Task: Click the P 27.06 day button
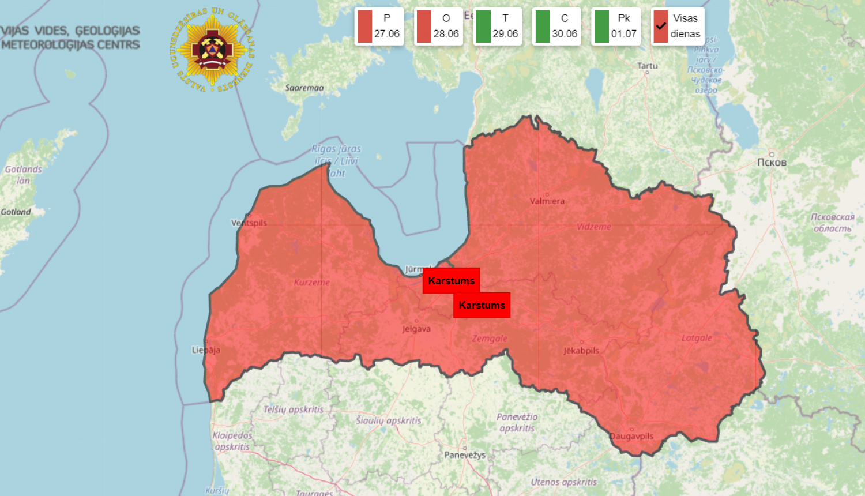pyautogui.click(x=379, y=27)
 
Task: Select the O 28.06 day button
pyautogui.click(x=438, y=27)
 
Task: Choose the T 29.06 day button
pyautogui.click(x=498, y=27)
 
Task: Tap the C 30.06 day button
pyautogui.click(x=556, y=27)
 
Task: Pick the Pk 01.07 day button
pyautogui.click(x=616, y=27)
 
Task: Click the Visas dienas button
pyautogui.click(x=678, y=27)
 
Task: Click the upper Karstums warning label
pyautogui.click(x=451, y=281)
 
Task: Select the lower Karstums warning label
pyautogui.click(x=482, y=305)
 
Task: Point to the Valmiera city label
pyautogui.click(x=547, y=201)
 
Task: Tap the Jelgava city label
pyautogui.click(x=416, y=329)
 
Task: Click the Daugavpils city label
pyautogui.click(x=632, y=436)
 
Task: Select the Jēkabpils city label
pyautogui.click(x=581, y=350)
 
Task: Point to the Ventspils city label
pyautogui.click(x=249, y=223)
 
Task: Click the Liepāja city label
pyautogui.click(x=206, y=350)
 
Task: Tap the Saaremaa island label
pyautogui.click(x=304, y=88)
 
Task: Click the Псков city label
pyautogui.click(x=772, y=162)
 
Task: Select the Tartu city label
pyautogui.click(x=647, y=66)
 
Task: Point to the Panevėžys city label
pyautogui.click(x=465, y=454)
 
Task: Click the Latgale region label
pyautogui.click(x=697, y=338)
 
